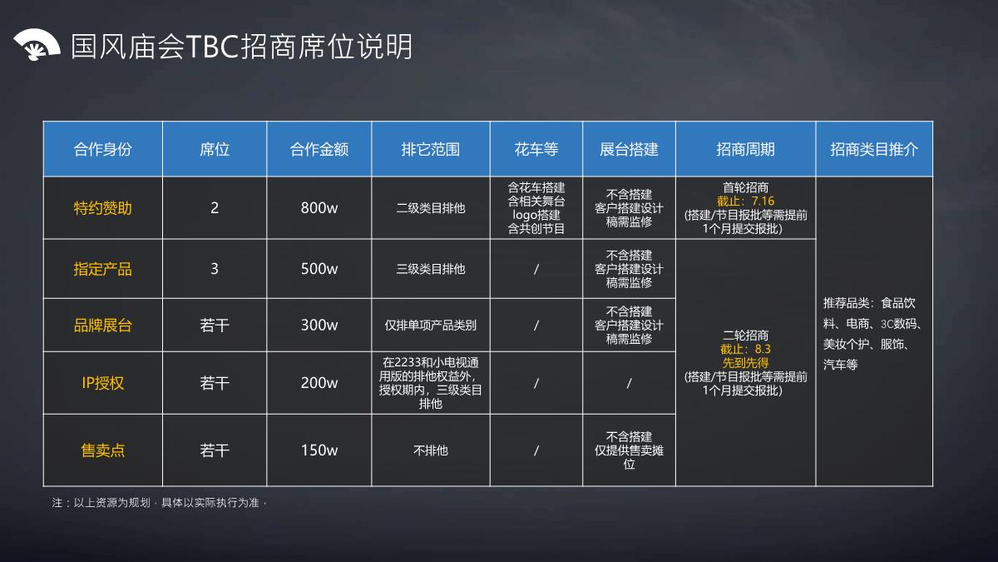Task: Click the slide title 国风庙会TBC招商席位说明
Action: point(241,47)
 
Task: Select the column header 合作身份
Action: point(102,149)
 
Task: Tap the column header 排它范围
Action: point(430,149)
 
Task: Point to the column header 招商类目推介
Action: point(874,149)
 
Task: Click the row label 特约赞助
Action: point(102,208)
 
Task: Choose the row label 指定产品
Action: point(102,269)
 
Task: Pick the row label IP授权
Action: point(102,383)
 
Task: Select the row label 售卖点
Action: point(102,450)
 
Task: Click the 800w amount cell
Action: point(319,208)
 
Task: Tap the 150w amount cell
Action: point(319,450)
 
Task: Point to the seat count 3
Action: point(215,269)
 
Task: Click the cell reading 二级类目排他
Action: point(430,208)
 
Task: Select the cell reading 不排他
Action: point(430,450)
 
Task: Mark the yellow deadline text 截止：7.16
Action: point(745,201)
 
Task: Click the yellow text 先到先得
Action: point(745,363)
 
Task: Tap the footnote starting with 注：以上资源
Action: point(158,503)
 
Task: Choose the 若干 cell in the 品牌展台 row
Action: point(215,326)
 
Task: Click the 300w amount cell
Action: point(319,326)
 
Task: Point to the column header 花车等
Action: point(536,149)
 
